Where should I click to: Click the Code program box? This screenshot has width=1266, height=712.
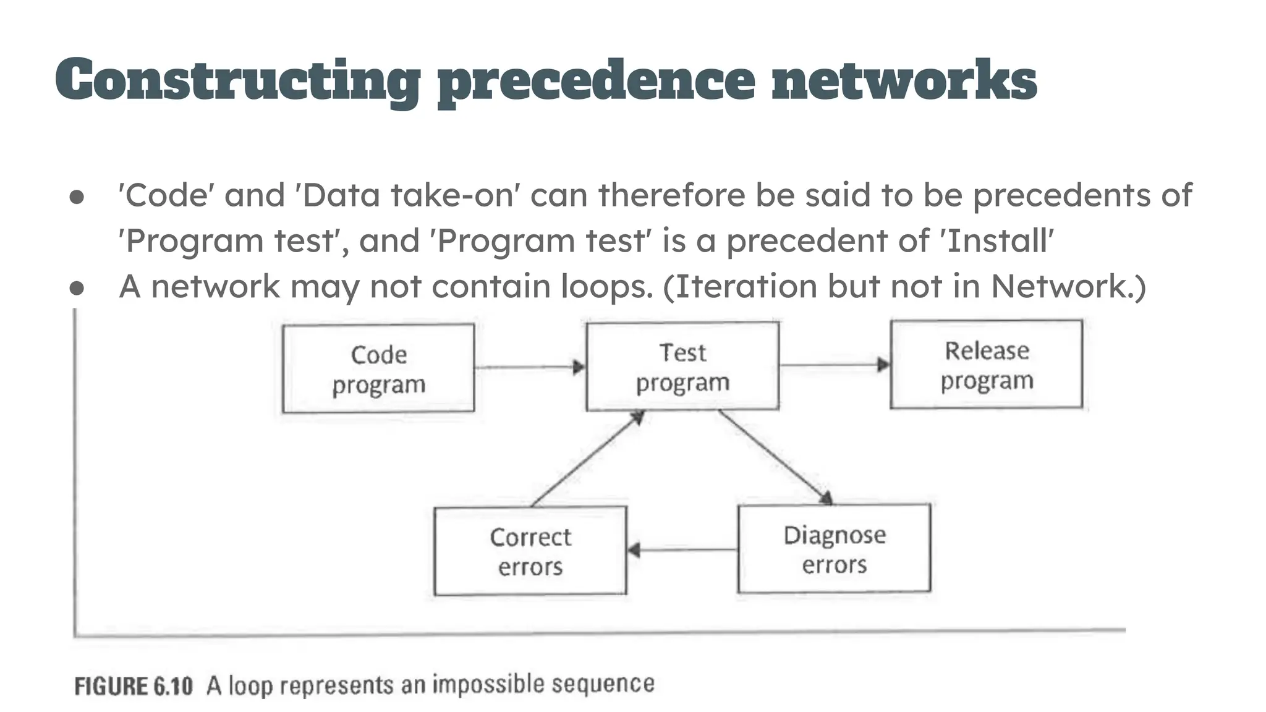point(378,368)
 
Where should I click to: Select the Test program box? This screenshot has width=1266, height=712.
point(682,367)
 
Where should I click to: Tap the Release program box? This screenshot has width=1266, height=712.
point(987,365)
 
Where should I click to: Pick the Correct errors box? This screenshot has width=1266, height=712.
point(530,551)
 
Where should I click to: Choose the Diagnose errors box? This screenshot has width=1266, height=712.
point(834,549)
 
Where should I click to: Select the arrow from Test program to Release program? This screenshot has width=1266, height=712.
point(834,365)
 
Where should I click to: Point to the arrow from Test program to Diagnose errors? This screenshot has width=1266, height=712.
point(776,457)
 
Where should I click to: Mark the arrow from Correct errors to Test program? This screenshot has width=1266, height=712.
point(587,459)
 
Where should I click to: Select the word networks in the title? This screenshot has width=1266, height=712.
point(904,80)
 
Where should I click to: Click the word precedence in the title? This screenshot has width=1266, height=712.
point(596,80)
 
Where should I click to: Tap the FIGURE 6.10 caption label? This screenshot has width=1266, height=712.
point(134,686)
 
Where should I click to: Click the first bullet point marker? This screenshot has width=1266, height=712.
point(77,197)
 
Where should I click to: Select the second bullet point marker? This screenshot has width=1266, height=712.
point(77,288)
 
